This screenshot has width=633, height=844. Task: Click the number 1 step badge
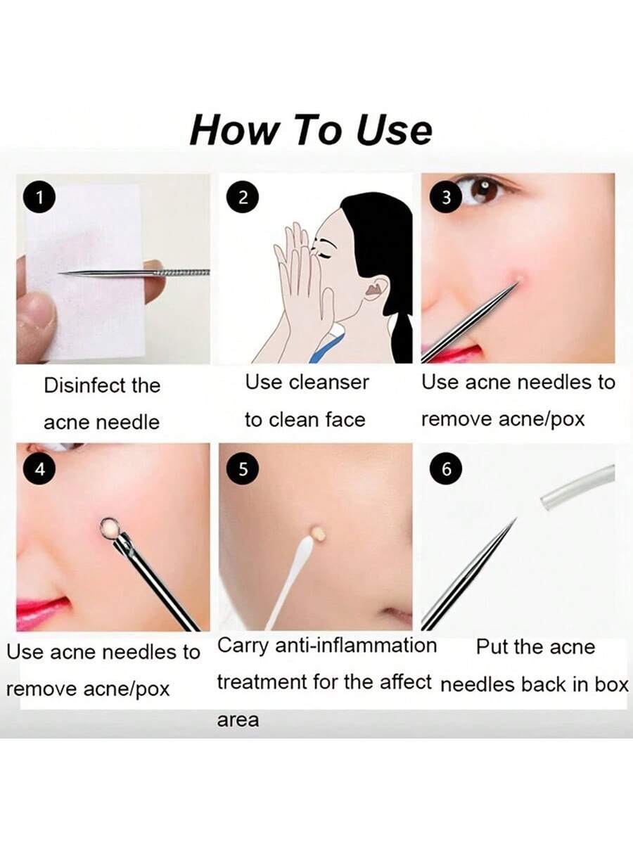pyautogui.click(x=39, y=199)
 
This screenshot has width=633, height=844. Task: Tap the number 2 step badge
pyautogui.click(x=243, y=198)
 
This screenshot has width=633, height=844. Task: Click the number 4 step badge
pyautogui.click(x=39, y=470)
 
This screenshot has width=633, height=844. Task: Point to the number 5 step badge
pyautogui.click(x=243, y=468)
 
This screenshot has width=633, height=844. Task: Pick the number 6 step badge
pyautogui.click(x=446, y=468)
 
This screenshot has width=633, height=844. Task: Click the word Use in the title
pyautogui.click(x=394, y=130)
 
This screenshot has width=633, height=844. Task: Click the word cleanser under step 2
pyautogui.click(x=328, y=383)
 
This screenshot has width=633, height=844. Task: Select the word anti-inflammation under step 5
pyautogui.click(x=357, y=645)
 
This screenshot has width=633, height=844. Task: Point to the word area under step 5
pyautogui.click(x=238, y=720)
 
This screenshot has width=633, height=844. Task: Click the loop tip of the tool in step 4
pyautogui.click(x=110, y=528)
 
